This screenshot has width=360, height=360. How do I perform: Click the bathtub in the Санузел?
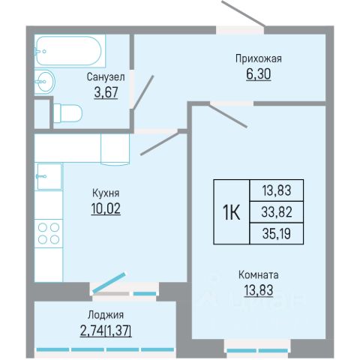(70, 51)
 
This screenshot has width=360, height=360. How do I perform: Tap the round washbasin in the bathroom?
(44, 82)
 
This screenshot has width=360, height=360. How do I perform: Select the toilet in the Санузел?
(67, 113)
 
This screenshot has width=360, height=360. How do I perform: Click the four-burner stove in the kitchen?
(49, 233)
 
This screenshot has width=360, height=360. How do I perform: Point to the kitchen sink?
(49, 176)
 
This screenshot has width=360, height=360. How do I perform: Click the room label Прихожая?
(259, 58)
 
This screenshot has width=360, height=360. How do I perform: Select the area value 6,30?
(259, 74)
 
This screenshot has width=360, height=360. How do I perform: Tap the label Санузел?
(106, 77)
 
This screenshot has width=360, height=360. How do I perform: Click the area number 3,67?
(106, 92)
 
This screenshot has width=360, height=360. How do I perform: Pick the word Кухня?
(106, 193)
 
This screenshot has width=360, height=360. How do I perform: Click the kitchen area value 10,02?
(106, 208)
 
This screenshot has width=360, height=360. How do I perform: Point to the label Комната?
(259, 275)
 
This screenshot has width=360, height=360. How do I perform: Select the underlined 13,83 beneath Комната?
(259, 290)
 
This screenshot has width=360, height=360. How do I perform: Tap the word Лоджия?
(106, 315)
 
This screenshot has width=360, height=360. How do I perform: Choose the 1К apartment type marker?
(231, 212)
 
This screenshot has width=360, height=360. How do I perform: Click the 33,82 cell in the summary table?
(277, 212)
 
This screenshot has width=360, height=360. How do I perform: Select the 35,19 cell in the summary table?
(277, 234)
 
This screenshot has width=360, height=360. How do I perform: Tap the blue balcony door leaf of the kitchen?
(109, 283)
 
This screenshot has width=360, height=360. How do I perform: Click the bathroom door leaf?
(143, 92)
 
